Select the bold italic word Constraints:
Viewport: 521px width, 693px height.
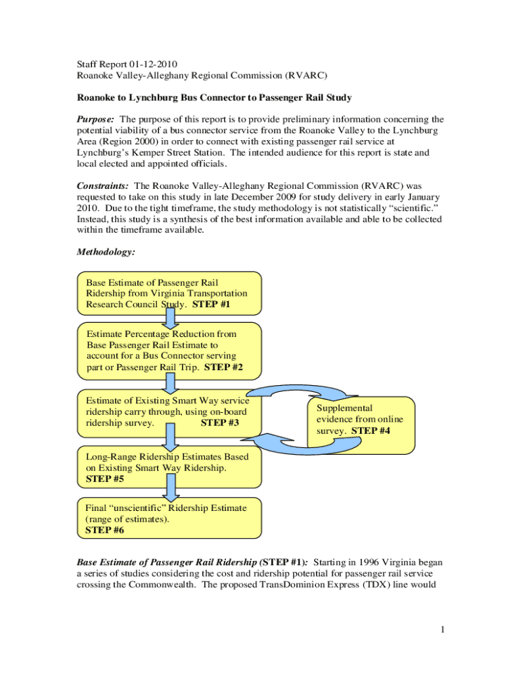104,185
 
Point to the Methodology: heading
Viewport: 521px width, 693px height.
106,252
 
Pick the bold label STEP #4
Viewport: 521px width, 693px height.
371,430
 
